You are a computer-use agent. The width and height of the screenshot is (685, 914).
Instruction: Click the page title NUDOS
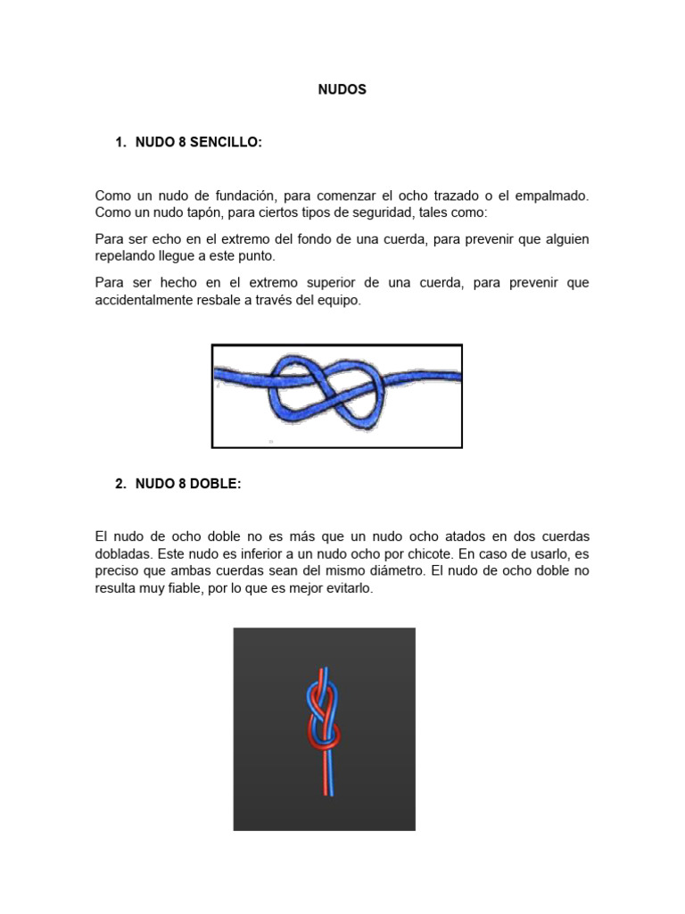[x=342, y=90]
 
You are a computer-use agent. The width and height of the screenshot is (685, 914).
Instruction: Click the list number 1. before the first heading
[x=122, y=143]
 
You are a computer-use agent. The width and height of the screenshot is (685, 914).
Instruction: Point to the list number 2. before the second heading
[x=122, y=484]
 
